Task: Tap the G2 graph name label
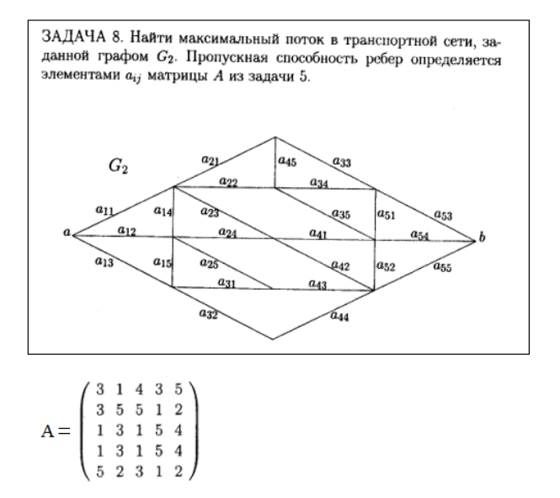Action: point(117,165)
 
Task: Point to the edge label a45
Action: point(286,160)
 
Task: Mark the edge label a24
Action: point(227,232)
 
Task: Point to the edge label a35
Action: point(341,214)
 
